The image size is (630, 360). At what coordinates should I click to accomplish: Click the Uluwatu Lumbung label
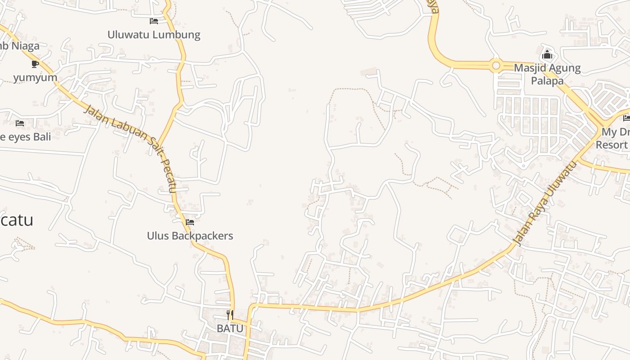pos(153,35)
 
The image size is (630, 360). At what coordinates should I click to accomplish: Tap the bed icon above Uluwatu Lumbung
pos(154,21)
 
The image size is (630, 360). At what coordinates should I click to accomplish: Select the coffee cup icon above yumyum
pos(35,64)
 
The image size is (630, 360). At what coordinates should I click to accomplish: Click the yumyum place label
pos(35,77)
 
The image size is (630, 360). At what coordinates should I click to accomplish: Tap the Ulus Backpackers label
pos(190,235)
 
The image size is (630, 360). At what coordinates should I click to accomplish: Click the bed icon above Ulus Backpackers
pos(190,222)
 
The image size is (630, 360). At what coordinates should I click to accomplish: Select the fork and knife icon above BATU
pos(230,315)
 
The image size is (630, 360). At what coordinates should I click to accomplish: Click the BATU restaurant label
pos(230,328)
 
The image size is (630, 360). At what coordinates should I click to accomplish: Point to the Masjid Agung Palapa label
pos(547,74)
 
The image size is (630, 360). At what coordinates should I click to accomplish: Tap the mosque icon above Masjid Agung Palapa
pos(547,55)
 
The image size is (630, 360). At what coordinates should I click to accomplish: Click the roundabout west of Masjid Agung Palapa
pos(496,66)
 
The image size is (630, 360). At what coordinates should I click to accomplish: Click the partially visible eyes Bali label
pos(26,136)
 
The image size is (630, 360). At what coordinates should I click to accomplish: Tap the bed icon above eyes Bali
pos(20,123)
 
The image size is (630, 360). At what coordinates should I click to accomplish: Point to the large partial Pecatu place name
pos(17,220)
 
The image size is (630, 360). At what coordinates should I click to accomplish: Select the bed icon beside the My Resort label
pos(626,118)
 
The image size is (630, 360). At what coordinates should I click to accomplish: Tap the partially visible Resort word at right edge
pos(612,144)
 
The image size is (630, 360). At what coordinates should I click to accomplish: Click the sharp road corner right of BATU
pos(252,306)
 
